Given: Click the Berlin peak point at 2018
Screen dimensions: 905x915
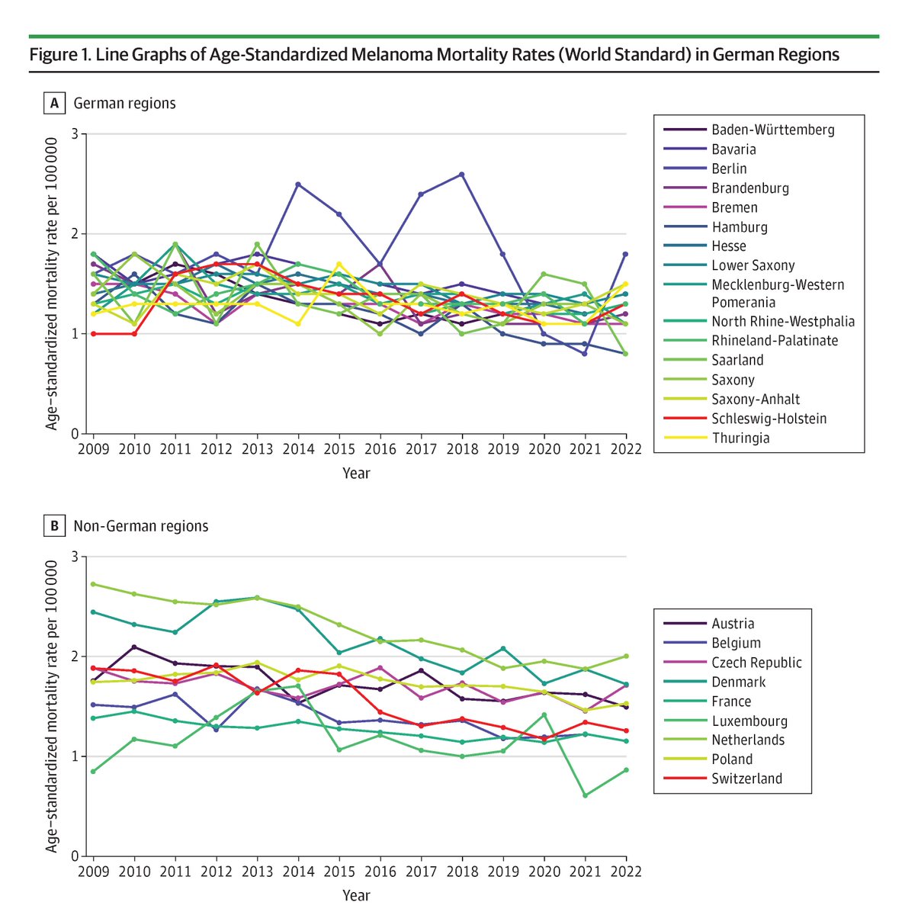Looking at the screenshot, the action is (461, 175).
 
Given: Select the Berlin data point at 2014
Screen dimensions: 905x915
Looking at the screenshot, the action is (298, 185).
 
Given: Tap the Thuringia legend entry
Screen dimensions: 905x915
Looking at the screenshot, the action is (716, 438).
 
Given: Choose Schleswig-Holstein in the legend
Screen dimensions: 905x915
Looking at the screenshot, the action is (745, 419).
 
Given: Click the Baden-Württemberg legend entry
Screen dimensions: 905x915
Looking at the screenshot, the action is (748, 130).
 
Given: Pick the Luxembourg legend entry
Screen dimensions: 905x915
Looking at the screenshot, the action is (725, 721).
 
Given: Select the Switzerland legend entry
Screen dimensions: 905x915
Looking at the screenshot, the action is (722, 779).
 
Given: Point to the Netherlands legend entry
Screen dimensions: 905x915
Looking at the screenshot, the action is (724, 740).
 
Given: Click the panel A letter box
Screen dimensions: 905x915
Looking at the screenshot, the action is (55, 103).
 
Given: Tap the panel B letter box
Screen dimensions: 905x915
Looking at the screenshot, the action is (55, 525).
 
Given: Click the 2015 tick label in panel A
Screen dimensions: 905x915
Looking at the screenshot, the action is (339, 449).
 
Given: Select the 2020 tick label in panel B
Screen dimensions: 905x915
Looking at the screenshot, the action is (544, 872).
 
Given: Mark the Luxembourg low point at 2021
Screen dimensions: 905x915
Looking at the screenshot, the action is (585, 795).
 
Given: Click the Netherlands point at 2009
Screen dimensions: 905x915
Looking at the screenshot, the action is (94, 584).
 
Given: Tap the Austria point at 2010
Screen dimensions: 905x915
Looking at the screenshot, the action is (134, 647).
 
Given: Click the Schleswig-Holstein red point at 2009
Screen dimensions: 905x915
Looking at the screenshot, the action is (94, 334).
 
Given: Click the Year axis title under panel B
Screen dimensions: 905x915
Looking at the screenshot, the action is (356, 895).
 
